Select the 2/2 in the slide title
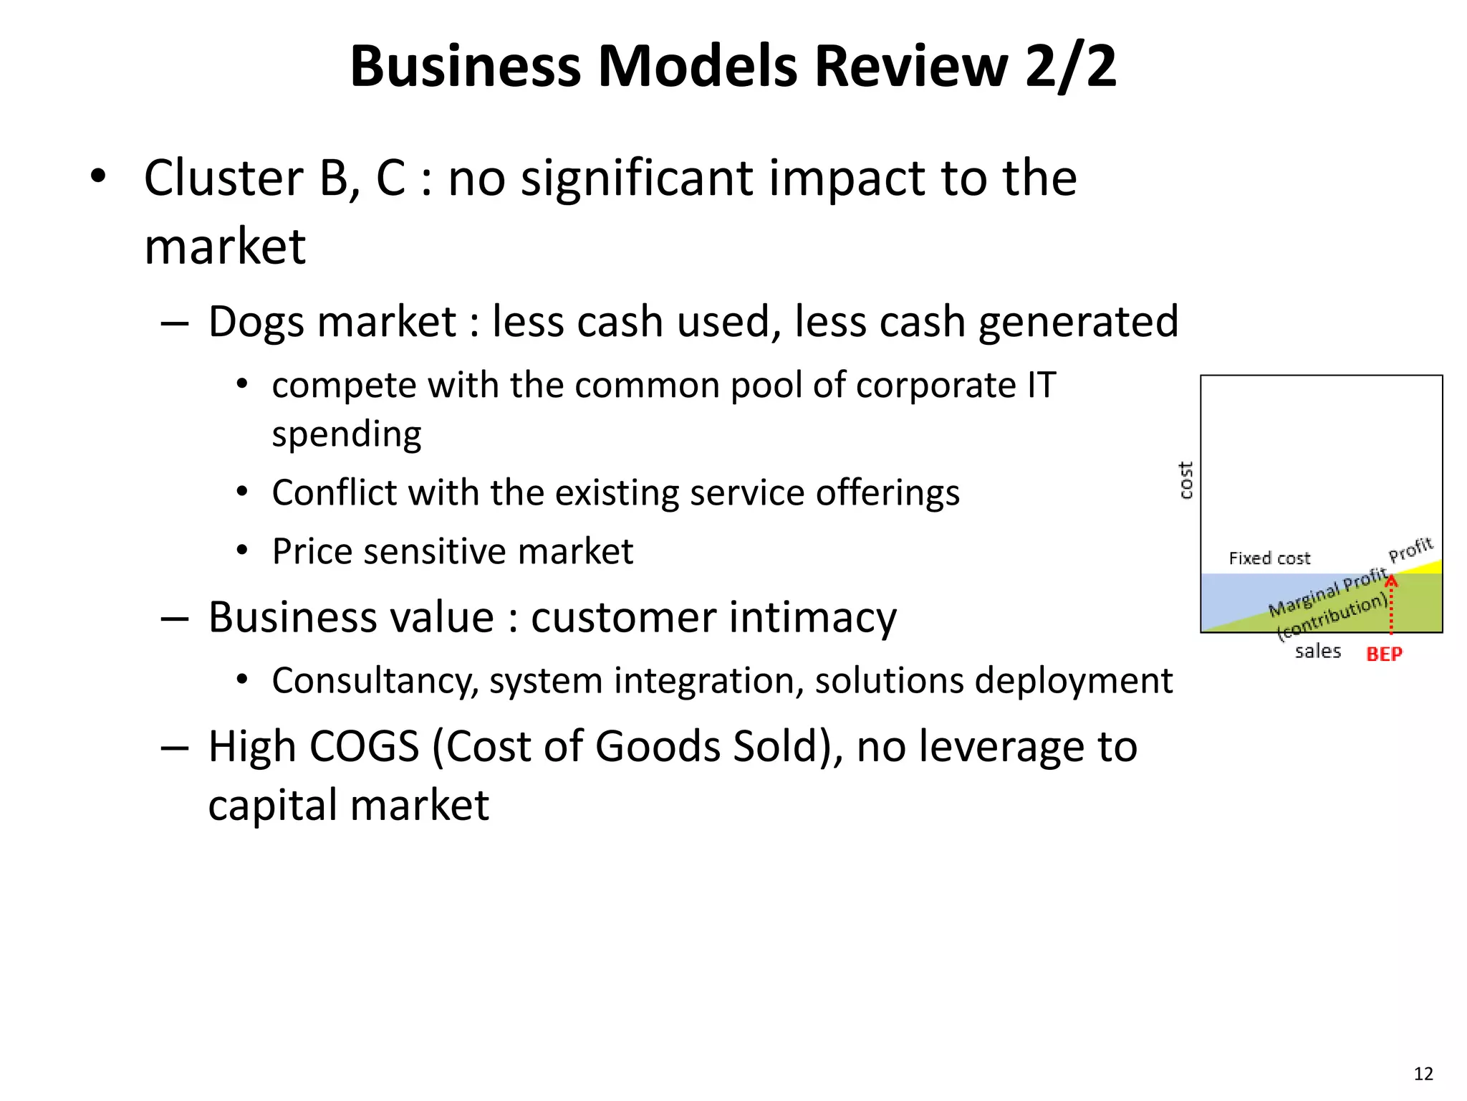1070,66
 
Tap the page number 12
1423,1073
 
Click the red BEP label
1384,654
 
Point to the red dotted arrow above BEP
1391,606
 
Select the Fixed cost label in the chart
1269,558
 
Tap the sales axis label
1317,652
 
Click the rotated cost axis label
1186,480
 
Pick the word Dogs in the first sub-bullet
259,322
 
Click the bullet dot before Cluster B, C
98,176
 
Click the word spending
347,434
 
